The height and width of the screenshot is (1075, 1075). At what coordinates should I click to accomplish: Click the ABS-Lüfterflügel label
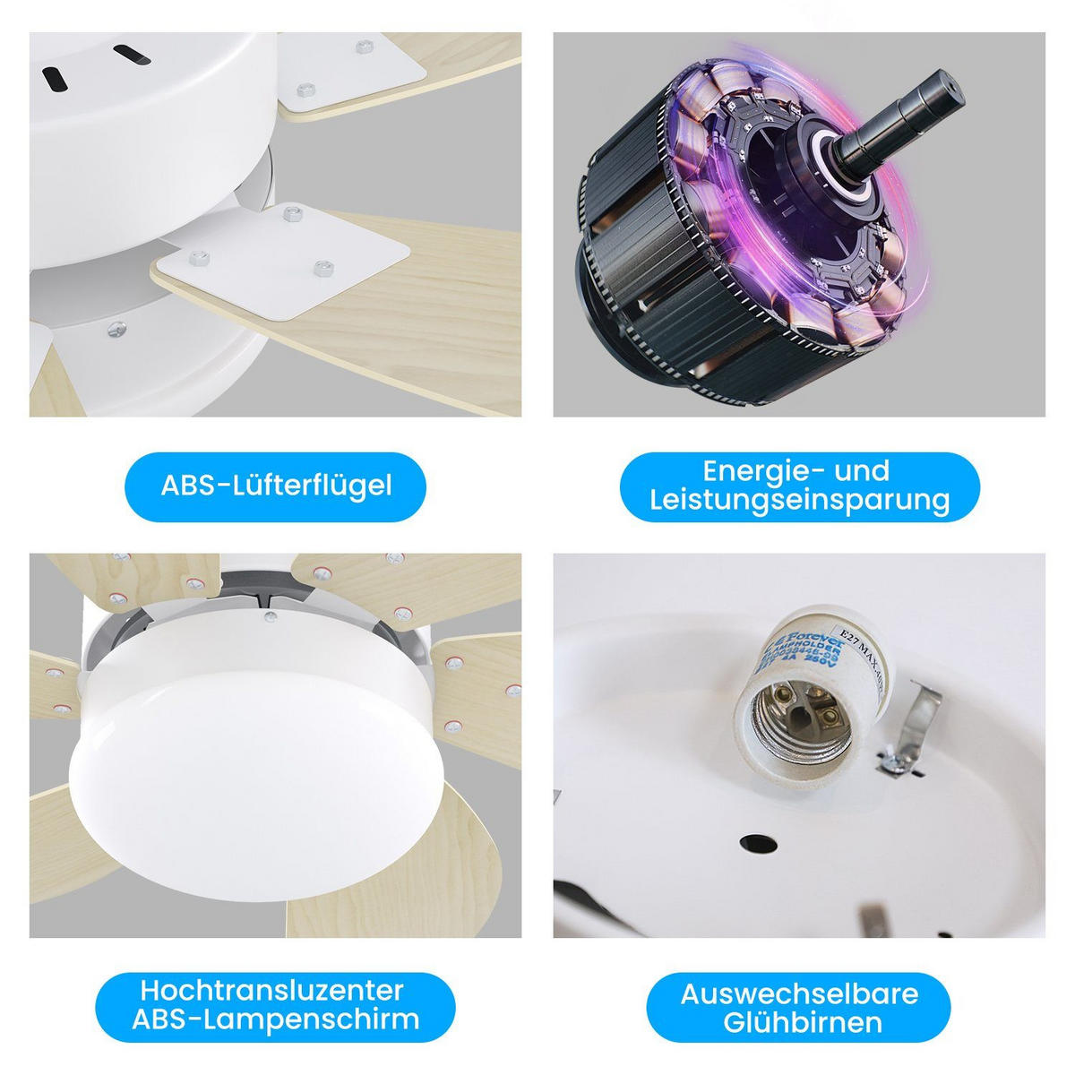[276, 486]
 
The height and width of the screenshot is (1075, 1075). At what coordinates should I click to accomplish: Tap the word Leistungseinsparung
[799, 500]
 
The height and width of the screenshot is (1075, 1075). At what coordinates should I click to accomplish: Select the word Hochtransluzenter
[271, 990]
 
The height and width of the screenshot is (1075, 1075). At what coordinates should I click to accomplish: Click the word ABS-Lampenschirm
[275, 1019]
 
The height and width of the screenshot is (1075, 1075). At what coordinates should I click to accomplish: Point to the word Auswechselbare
[799, 993]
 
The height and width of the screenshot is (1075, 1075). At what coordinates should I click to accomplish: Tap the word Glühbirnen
[799, 1022]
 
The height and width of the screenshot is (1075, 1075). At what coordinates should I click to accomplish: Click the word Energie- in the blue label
[759, 470]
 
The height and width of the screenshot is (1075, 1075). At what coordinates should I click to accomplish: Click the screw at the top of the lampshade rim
[270, 615]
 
